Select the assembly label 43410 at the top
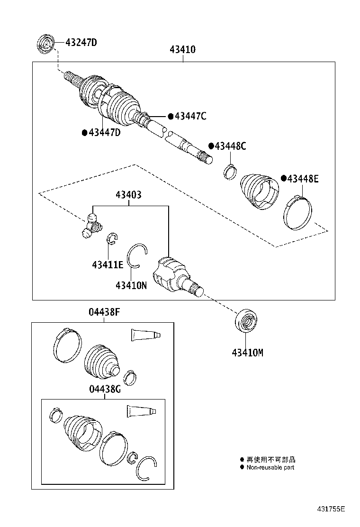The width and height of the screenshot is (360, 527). [182, 49]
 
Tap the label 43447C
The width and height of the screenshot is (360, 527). [190, 116]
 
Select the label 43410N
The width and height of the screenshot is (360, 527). [131, 285]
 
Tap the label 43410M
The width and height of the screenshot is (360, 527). [247, 353]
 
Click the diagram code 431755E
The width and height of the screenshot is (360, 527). [331, 509]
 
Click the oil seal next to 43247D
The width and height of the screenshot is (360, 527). [46, 44]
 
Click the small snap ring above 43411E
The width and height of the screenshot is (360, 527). [112, 238]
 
